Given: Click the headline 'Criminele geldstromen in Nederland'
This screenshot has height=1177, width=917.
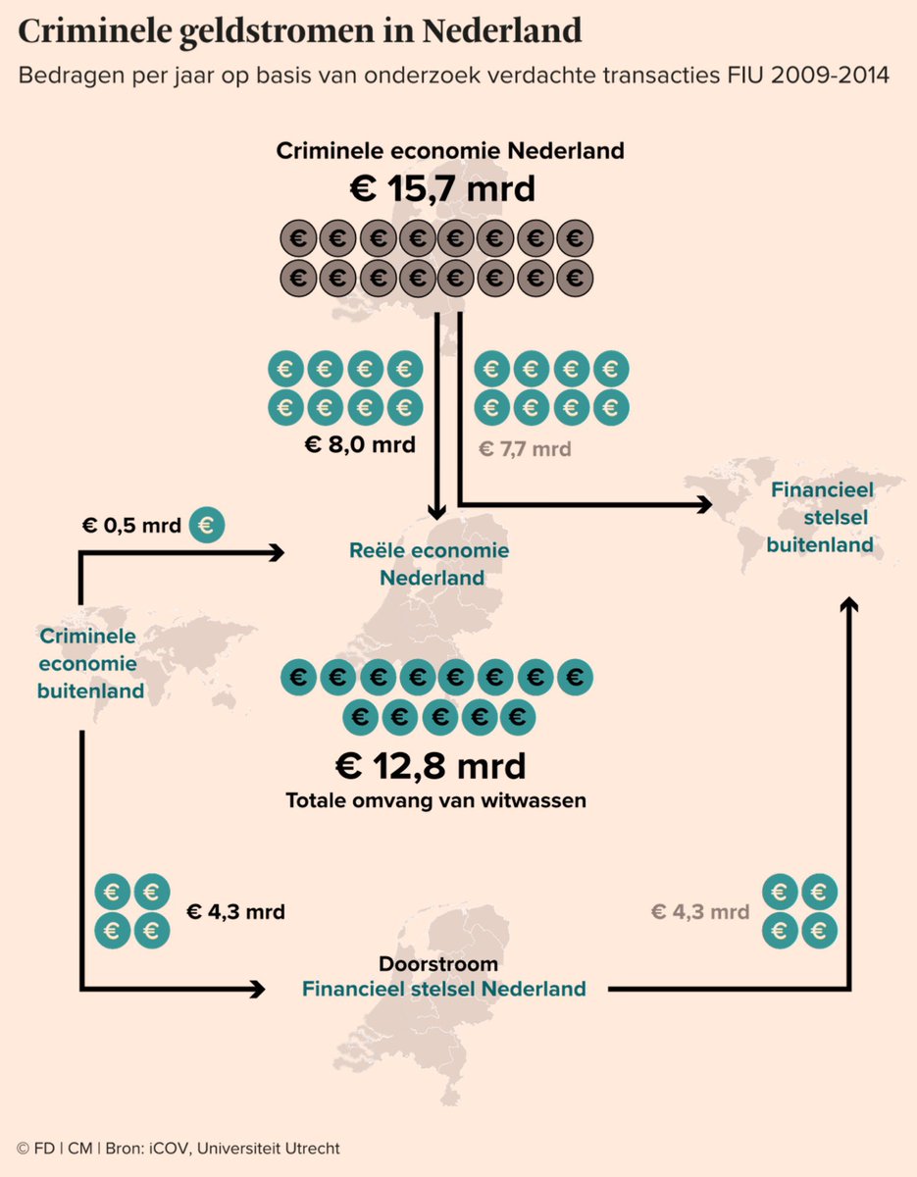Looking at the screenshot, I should (x=300, y=31).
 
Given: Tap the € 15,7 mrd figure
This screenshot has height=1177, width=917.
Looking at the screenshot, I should (x=443, y=187).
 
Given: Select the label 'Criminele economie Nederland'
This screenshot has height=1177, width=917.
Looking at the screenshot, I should (x=450, y=151).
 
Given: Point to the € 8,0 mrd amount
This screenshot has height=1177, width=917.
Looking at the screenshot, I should (x=360, y=445).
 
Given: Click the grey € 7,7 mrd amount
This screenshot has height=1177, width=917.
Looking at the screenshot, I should (x=525, y=449).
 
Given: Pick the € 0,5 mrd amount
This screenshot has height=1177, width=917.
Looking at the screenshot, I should (x=131, y=526).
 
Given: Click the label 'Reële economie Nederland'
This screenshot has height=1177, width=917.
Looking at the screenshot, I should (x=430, y=564).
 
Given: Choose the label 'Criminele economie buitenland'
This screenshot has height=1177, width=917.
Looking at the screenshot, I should (x=89, y=663).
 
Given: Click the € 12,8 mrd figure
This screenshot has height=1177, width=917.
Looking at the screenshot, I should (x=430, y=764).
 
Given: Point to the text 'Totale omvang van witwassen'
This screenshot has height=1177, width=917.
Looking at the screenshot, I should (x=435, y=800).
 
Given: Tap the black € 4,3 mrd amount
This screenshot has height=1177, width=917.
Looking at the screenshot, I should (x=235, y=912).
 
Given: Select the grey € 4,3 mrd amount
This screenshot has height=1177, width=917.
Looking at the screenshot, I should (x=700, y=912).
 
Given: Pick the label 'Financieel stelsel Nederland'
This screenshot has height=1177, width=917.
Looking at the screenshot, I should (x=443, y=989).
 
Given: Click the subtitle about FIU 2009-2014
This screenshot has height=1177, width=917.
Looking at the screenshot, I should (x=453, y=76).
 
